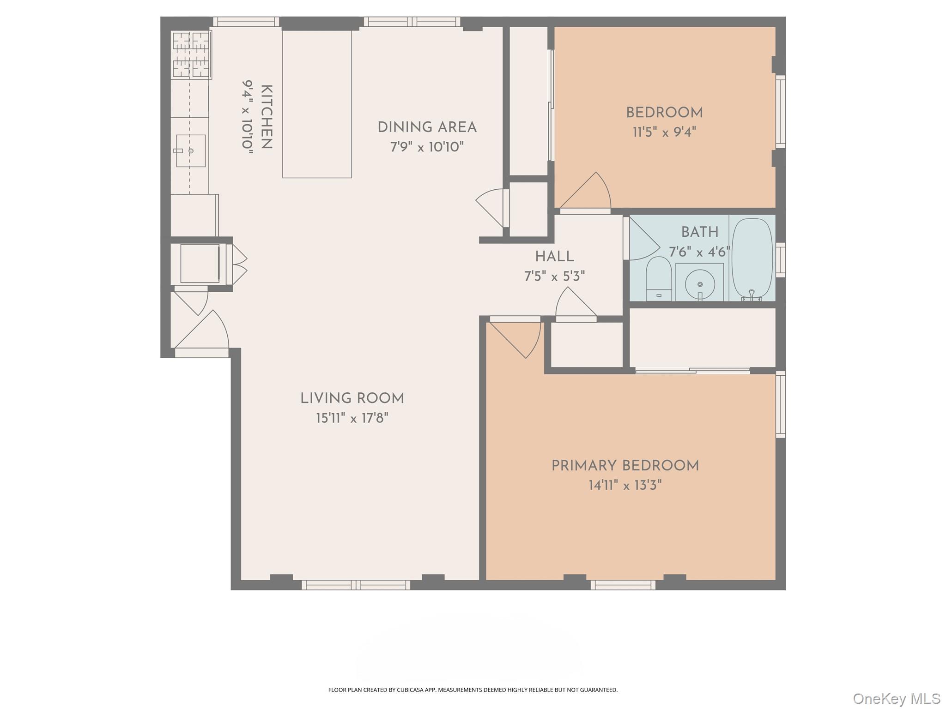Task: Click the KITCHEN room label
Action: coord(267,117)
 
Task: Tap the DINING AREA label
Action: coord(427,127)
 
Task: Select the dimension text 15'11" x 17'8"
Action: coord(352,419)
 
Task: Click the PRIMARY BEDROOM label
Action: coord(625,466)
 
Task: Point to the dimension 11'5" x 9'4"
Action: coord(664,132)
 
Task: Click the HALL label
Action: coord(554,257)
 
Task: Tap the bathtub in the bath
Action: coord(752,258)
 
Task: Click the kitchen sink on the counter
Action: coord(190,151)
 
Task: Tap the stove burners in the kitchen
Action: coord(191,54)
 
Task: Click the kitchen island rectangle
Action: coord(317,104)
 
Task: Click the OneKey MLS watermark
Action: coord(896,698)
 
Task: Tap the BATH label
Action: coord(699,232)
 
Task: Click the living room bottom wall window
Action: coord(356,585)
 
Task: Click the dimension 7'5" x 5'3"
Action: coord(554,276)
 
